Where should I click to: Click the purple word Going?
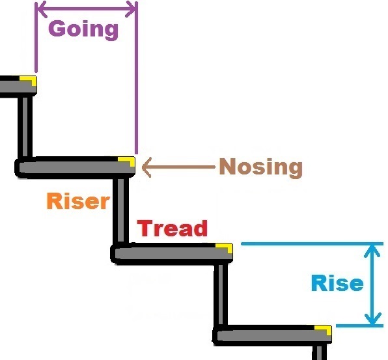point(83,30)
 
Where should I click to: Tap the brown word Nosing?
point(261,167)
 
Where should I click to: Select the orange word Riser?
point(78,201)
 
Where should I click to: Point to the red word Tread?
point(173,228)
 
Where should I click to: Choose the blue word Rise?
point(337,283)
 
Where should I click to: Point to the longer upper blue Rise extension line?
point(312,244)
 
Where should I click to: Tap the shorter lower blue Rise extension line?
point(359,326)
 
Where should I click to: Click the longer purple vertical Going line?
point(136,77)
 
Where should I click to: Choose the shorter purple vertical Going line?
point(36,37)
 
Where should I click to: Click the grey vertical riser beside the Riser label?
point(120,210)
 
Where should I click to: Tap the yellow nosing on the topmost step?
point(28,80)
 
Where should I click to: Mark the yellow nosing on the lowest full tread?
point(323,329)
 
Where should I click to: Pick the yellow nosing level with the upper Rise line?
point(224,248)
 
